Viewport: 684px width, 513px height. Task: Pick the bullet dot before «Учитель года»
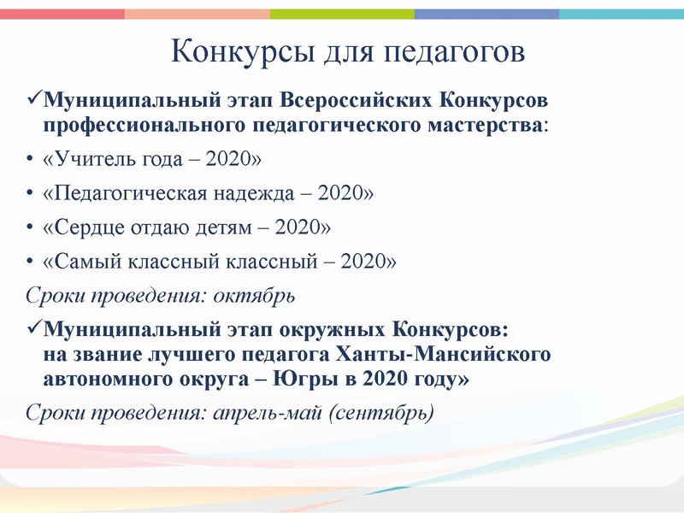(x=29, y=160)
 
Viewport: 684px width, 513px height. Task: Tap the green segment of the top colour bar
(x=342, y=14)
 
